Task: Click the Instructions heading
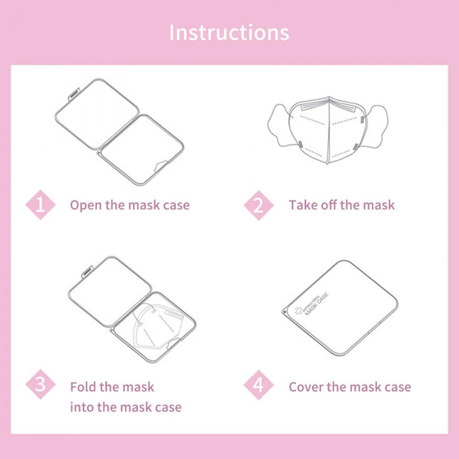pyautogui.click(x=229, y=32)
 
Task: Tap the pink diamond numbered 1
pyautogui.click(x=40, y=205)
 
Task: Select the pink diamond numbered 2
pyautogui.click(x=258, y=205)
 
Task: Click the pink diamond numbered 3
pyautogui.click(x=40, y=384)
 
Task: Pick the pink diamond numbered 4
pyautogui.click(x=258, y=385)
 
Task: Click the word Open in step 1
pyautogui.click(x=86, y=206)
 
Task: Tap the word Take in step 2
pyautogui.click(x=303, y=205)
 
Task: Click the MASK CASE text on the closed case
pyautogui.click(x=317, y=304)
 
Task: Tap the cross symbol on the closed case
pyautogui.click(x=299, y=311)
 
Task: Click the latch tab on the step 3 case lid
pyautogui.click(x=88, y=271)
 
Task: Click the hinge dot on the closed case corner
pyautogui.click(x=284, y=312)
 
